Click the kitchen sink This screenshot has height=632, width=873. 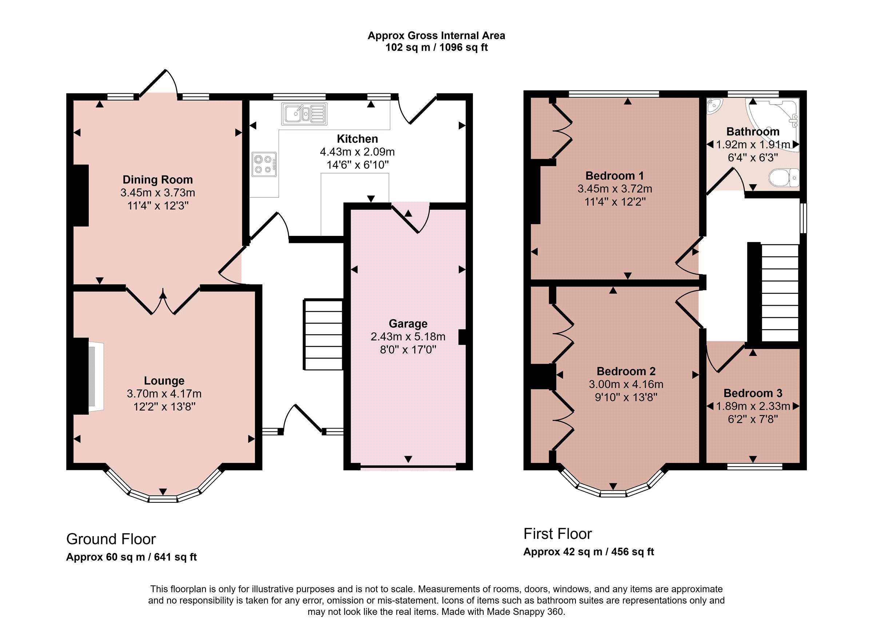(304, 114)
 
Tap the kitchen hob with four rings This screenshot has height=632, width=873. (264, 165)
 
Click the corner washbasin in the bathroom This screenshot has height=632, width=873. (714, 106)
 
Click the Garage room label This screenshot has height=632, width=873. (408, 324)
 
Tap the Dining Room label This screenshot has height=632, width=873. (158, 179)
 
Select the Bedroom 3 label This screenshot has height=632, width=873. (753, 393)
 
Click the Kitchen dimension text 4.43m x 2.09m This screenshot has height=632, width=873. (357, 152)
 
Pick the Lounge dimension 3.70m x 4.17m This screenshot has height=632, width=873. (164, 394)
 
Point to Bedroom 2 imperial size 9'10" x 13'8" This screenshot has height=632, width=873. (626, 397)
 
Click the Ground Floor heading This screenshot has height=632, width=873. (111, 539)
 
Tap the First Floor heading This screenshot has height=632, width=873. (557, 534)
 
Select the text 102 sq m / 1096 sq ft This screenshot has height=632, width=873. (436, 47)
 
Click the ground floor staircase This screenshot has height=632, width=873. (323, 335)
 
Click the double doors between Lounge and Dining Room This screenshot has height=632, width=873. (163, 300)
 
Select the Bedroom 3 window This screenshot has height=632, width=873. (754, 467)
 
